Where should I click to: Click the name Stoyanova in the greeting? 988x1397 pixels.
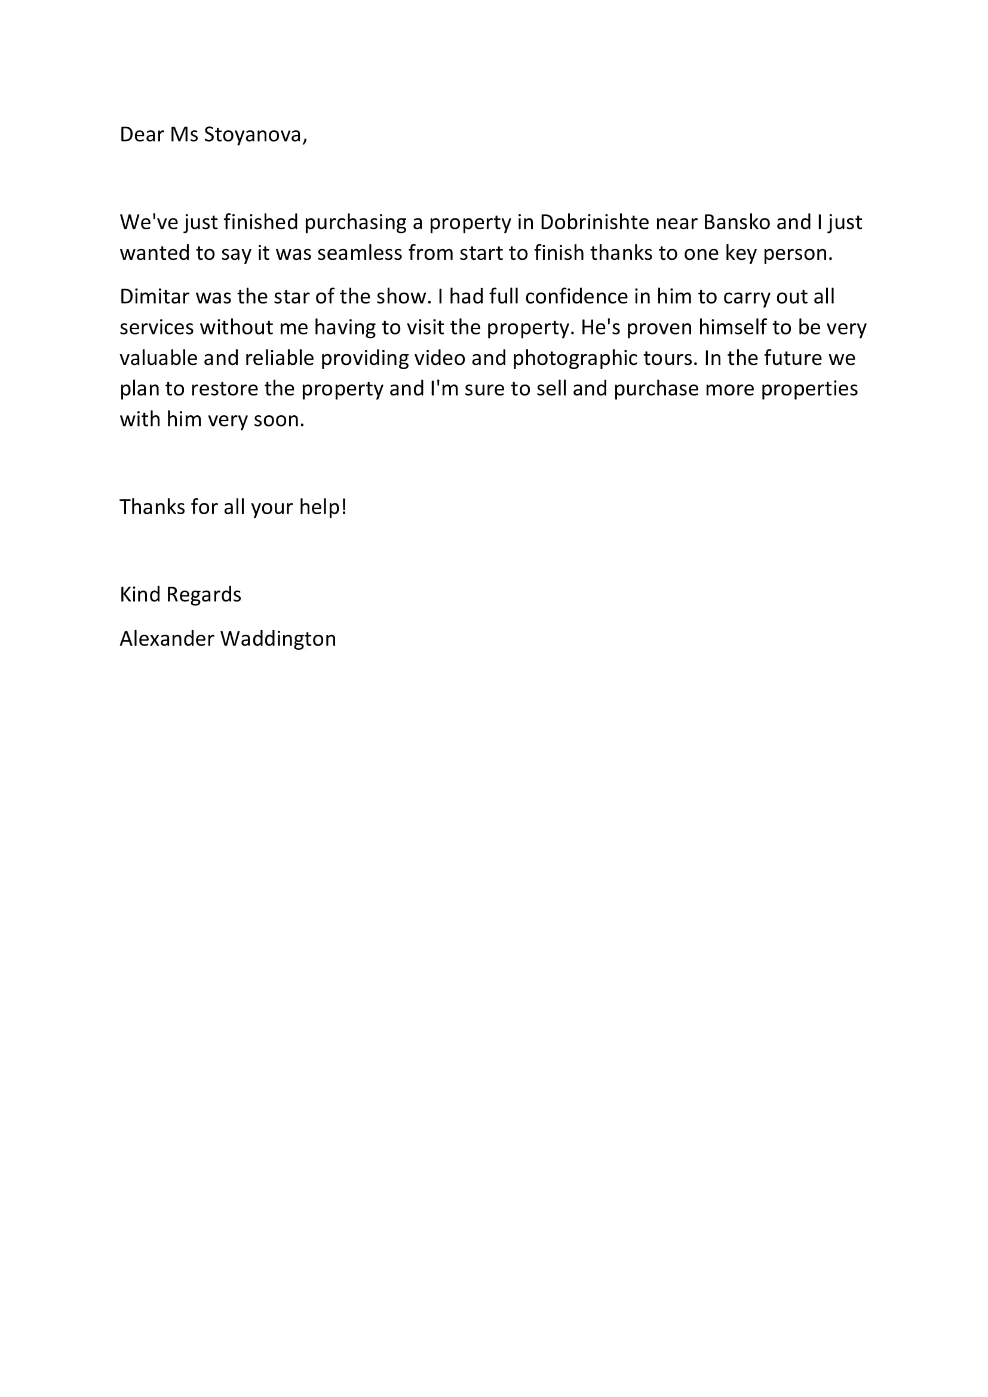point(255,134)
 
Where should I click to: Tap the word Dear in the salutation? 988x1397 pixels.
point(141,134)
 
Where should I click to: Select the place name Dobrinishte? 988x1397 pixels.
point(594,222)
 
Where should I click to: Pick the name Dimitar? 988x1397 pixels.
point(155,296)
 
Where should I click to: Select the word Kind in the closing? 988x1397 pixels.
point(140,594)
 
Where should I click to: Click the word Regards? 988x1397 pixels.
point(204,594)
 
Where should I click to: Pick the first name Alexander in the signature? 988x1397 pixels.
point(167,638)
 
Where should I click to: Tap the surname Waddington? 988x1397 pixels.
point(278,638)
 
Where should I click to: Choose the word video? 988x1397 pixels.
point(440,358)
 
